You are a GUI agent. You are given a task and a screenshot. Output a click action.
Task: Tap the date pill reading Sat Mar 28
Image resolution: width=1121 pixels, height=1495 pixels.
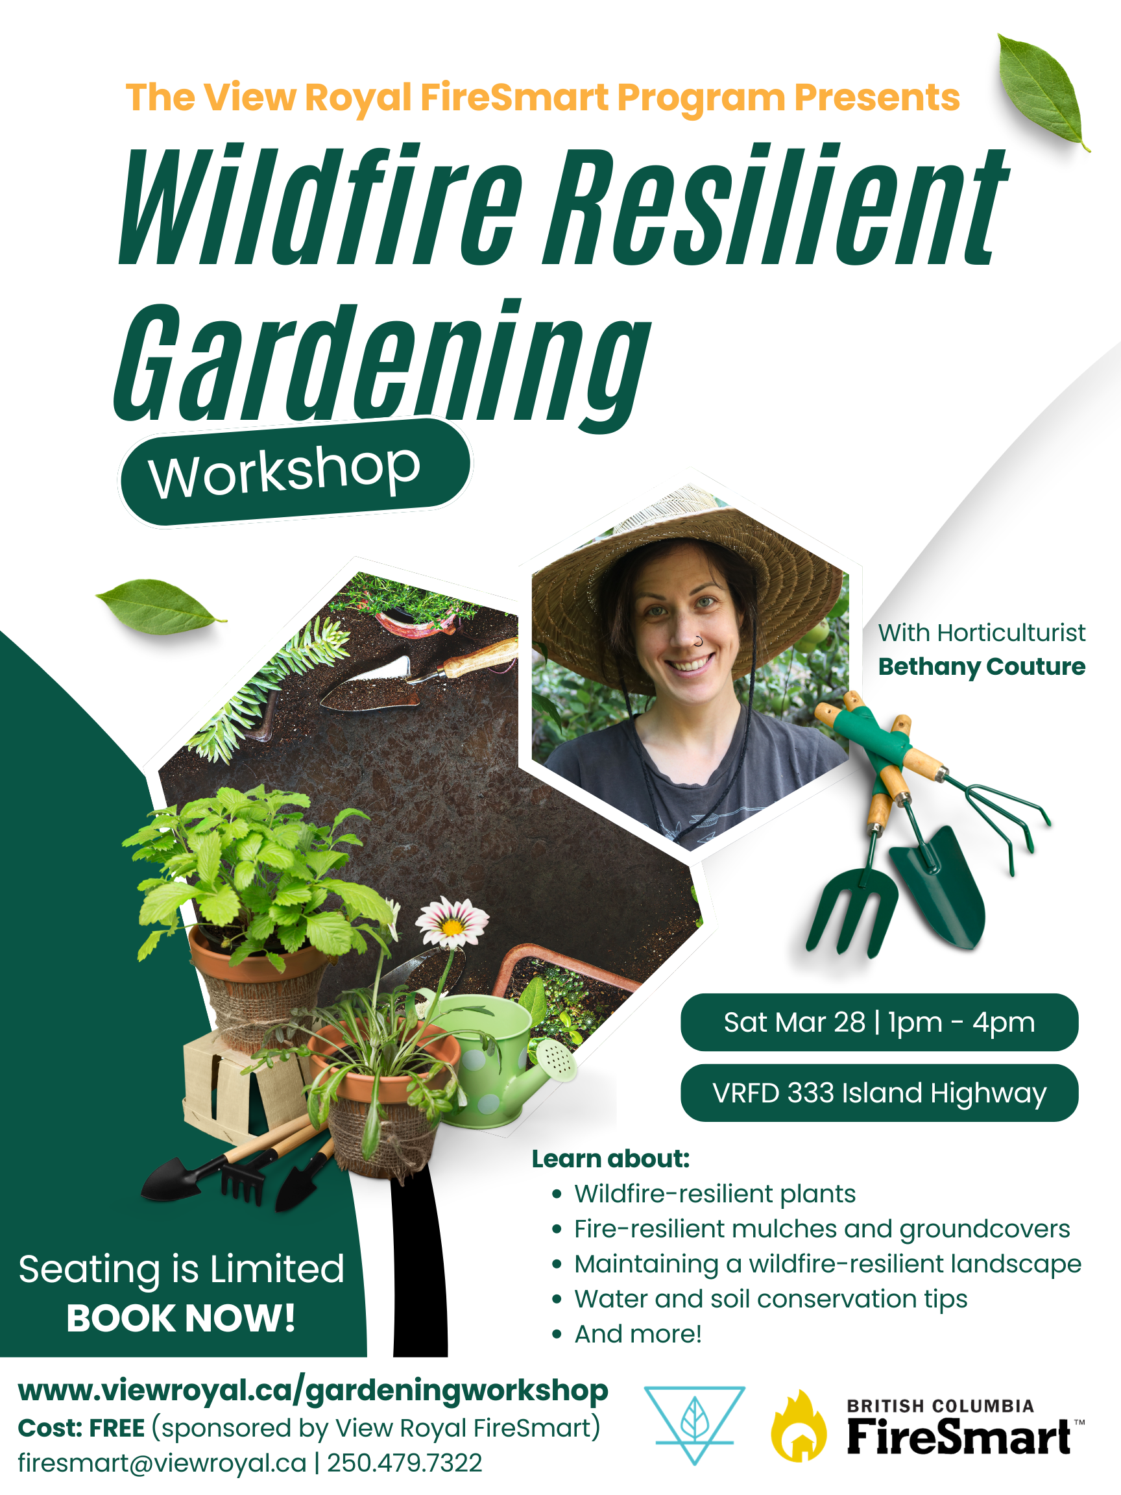[x=879, y=1022]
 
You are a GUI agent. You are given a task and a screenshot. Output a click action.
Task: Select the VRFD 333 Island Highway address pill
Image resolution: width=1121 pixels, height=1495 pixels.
[x=879, y=1093]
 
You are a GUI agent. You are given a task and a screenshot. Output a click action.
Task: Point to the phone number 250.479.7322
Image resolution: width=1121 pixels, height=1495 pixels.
[x=405, y=1463]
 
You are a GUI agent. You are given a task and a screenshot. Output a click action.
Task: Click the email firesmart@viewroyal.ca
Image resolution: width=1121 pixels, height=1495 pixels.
[x=162, y=1464]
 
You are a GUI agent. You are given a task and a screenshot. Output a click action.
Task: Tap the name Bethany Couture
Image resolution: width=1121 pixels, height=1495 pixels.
[x=981, y=666]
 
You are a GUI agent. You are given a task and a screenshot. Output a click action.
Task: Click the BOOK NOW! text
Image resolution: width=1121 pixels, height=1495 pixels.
[x=181, y=1318]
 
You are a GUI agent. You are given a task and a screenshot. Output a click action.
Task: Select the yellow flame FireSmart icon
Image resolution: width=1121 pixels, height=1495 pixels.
[x=799, y=1427]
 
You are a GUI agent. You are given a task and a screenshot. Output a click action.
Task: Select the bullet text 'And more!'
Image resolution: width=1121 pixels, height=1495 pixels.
[x=638, y=1334]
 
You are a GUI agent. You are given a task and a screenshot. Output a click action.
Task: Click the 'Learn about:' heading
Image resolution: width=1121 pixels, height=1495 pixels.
[x=611, y=1158]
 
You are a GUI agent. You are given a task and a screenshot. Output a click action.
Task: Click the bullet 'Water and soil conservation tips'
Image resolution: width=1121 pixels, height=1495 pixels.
[x=771, y=1299]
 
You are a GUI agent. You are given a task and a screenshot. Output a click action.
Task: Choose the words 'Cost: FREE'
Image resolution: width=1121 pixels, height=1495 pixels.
[x=81, y=1428]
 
